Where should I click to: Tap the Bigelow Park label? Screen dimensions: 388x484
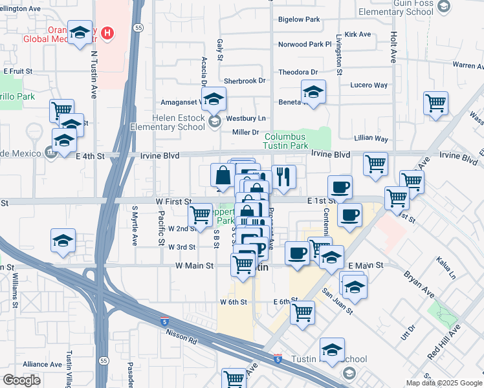click(299, 20)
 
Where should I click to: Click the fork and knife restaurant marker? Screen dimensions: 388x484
click(283, 177)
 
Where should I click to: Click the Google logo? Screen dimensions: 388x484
click(21, 380)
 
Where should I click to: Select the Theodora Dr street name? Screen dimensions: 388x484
click(298, 72)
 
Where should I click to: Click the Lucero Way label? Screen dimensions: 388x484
click(369, 85)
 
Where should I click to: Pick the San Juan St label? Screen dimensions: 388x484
click(338, 301)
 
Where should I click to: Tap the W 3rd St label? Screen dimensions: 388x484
click(182, 247)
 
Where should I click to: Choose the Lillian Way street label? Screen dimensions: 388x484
click(371, 139)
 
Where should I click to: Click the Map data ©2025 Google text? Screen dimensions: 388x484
click(443, 383)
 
